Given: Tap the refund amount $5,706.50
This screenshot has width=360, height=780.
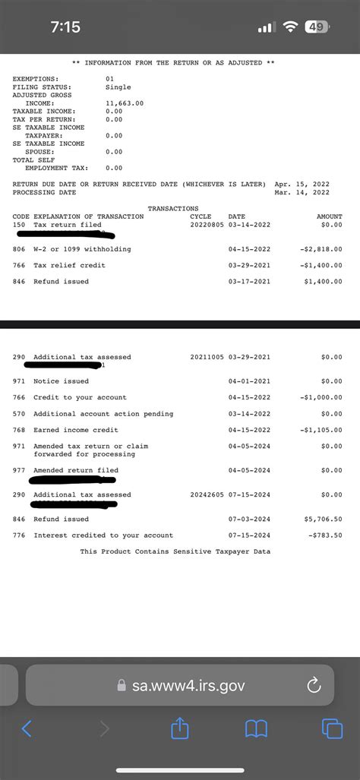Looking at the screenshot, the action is (x=323, y=519).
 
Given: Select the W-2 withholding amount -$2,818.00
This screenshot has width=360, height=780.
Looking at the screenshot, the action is (x=321, y=249).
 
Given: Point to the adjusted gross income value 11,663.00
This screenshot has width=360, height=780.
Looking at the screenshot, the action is (x=125, y=103).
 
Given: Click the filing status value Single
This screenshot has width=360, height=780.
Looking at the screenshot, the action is (x=118, y=87).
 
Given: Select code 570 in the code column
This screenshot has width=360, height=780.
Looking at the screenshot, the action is (x=19, y=414).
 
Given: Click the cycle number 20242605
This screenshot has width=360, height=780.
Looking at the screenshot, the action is (x=207, y=495).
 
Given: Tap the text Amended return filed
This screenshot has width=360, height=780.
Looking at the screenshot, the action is (x=76, y=471).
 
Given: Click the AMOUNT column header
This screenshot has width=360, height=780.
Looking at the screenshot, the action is (x=329, y=216).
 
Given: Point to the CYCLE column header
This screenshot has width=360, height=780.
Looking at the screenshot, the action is (x=201, y=216).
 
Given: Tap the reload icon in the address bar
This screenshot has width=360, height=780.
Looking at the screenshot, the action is (x=314, y=686).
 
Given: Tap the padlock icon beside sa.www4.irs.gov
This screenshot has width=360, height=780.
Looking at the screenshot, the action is (x=122, y=686).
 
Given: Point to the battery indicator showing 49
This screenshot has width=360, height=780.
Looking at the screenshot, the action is (x=316, y=27).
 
